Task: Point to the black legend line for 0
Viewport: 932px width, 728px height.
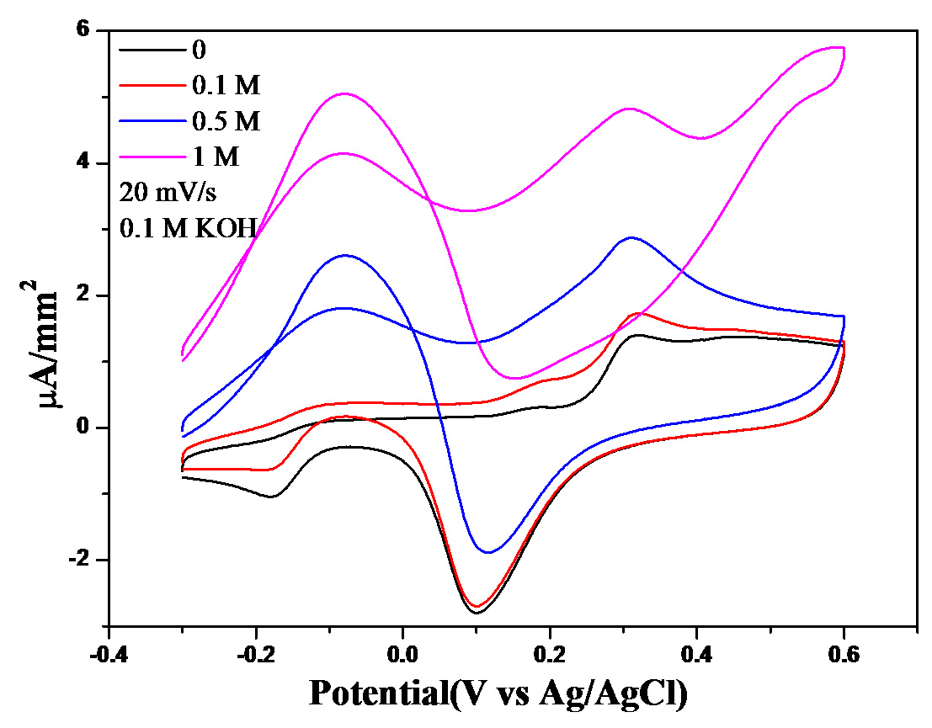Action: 152,50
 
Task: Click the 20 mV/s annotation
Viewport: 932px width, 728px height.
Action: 168,193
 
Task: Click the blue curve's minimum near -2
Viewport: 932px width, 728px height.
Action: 489,552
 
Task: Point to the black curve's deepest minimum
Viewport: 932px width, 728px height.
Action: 477,613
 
